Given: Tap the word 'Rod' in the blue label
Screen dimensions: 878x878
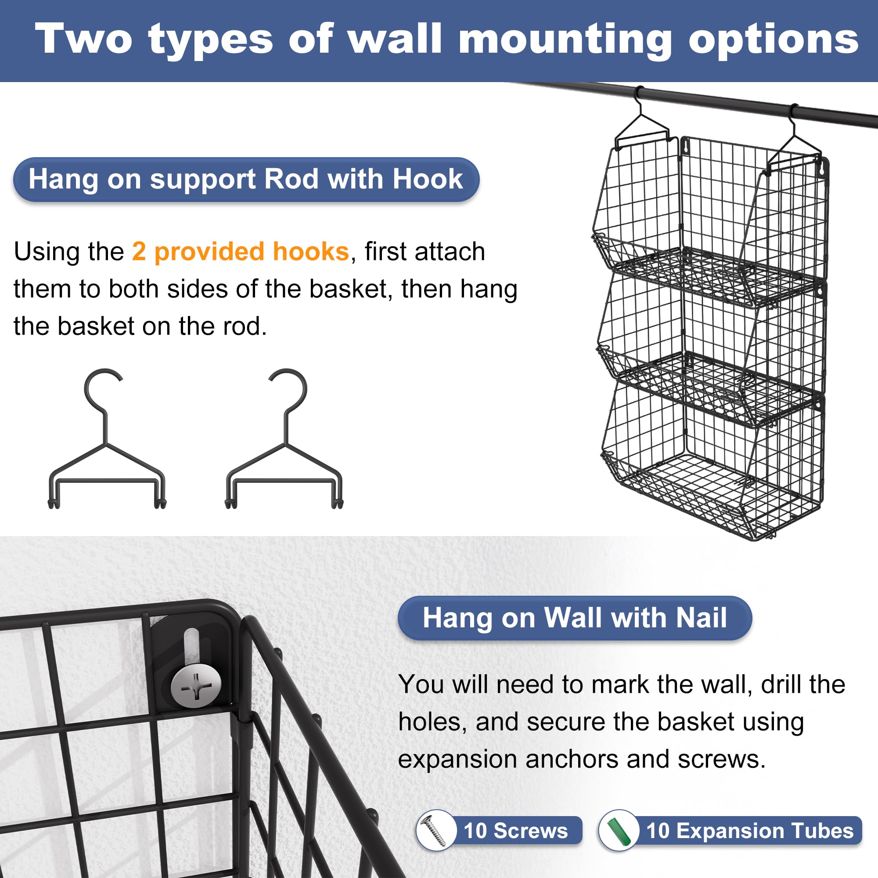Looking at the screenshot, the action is click(292, 179).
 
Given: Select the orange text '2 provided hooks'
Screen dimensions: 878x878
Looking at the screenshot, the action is click(241, 251).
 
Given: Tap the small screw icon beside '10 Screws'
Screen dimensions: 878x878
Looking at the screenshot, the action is click(435, 831).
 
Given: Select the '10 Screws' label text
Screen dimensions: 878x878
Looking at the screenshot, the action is click(515, 831).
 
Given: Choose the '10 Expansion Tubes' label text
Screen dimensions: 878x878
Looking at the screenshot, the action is click(750, 831).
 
